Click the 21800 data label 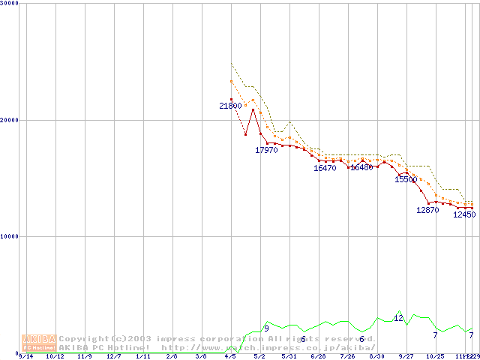230,106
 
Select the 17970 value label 266,151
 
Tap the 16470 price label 325,169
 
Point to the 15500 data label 406,180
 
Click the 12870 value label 427,211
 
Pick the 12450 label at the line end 464,214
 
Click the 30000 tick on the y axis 9,4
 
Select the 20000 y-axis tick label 9,120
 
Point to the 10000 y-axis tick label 9,236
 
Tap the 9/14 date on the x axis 25,356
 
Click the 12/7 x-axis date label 114,356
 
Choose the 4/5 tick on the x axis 230,356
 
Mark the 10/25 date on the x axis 435,356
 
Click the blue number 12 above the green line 398,319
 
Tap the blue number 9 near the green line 266,328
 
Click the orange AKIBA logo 39,343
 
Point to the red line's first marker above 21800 231,99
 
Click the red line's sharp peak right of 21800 253,109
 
